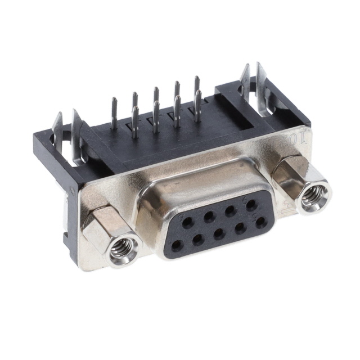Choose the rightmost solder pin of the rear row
[x=197, y=84]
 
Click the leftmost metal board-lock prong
[x=57, y=126]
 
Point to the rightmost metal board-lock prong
[x=260, y=76]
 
